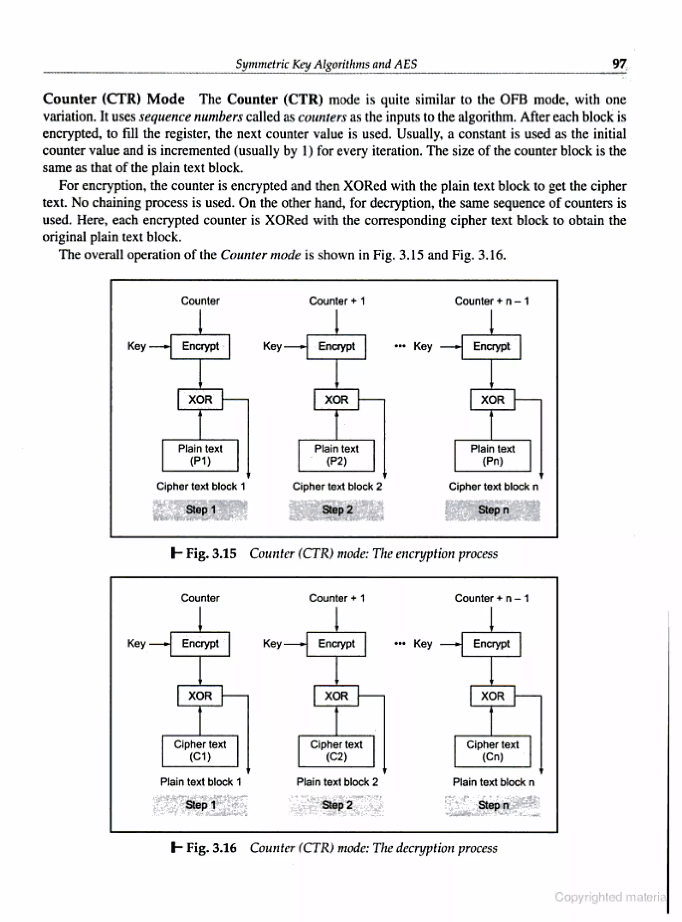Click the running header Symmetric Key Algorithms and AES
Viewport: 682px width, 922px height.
click(x=326, y=64)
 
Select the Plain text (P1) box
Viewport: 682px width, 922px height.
click(x=200, y=455)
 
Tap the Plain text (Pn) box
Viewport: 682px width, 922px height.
click(x=492, y=455)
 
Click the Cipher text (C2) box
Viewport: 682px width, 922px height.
click(x=336, y=751)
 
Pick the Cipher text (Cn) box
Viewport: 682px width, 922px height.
click(x=492, y=751)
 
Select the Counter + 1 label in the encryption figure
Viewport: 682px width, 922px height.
click(x=337, y=301)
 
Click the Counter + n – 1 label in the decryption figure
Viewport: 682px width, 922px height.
click(x=492, y=598)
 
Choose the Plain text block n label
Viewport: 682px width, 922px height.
click(x=493, y=782)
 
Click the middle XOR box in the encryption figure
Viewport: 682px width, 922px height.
click(x=336, y=400)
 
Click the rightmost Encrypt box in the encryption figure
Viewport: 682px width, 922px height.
click(x=491, y=347)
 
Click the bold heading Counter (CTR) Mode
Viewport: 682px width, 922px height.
click(x=114, y=99)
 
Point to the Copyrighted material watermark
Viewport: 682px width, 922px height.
click(x=610, y=897)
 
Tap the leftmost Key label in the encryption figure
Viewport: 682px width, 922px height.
click(x=136, y=346)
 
